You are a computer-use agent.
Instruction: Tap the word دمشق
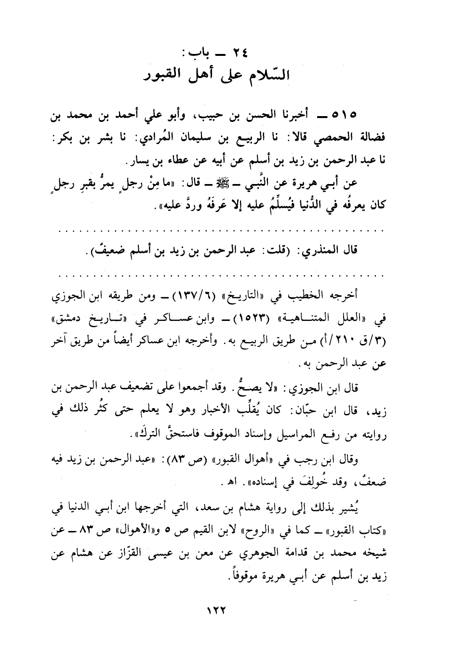tap(69, 317)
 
